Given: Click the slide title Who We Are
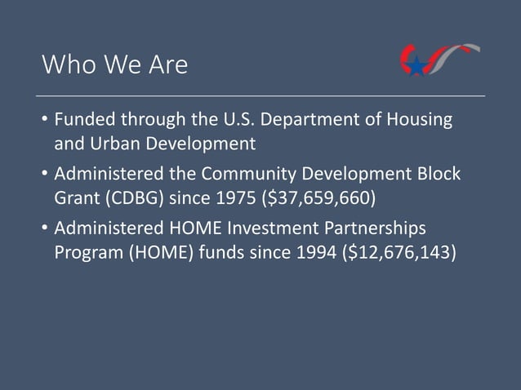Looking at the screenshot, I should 114,64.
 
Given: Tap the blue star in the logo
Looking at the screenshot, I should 417,66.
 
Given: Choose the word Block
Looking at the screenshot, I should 438,174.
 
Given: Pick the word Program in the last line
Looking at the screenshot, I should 89,251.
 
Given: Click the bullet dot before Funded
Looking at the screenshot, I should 44,122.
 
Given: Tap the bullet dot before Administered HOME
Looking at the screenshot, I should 44,228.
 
